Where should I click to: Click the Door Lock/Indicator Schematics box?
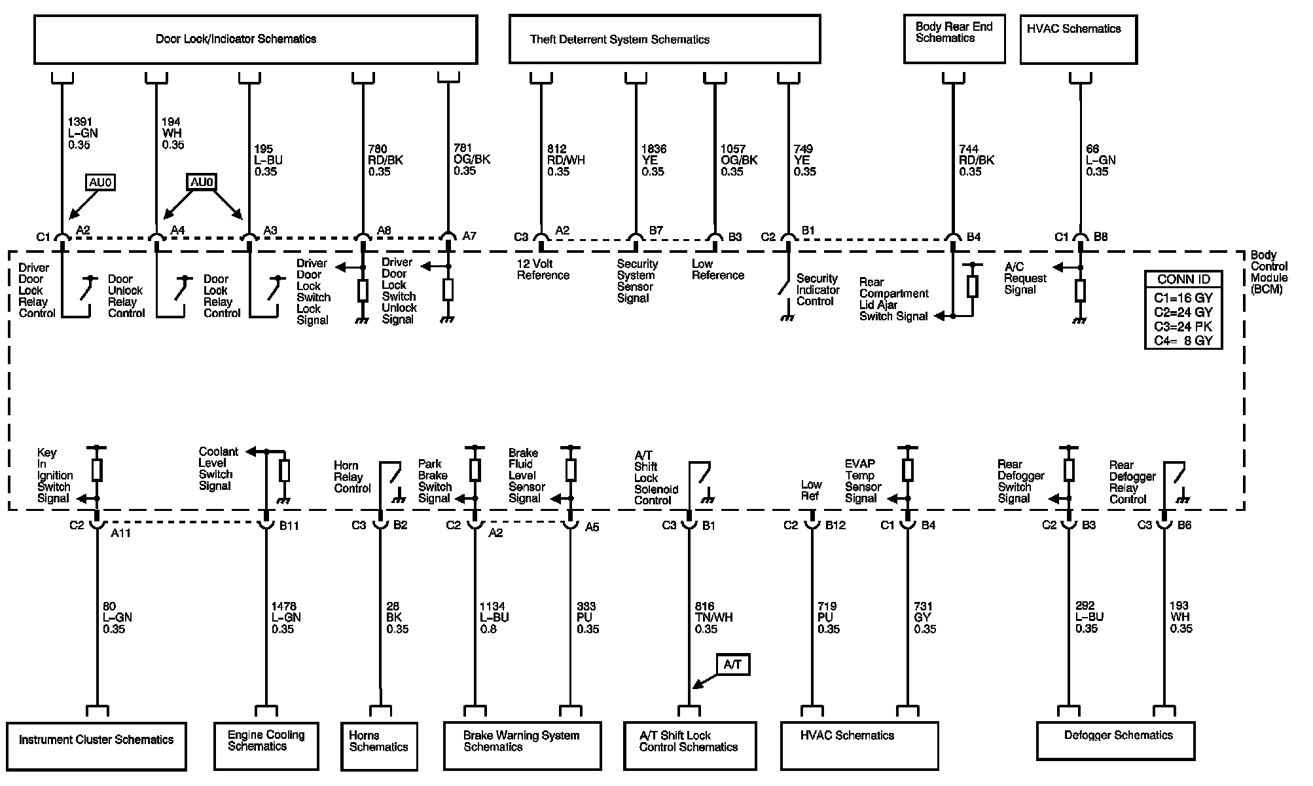[255, 39]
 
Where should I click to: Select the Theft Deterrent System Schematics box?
[664, 39]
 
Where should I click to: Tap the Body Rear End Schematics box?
[954, 39]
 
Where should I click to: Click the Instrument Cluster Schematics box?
[96, 745]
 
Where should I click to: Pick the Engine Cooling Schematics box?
[266, 745]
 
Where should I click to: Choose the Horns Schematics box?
[379, 745]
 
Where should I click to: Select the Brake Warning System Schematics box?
[522, 745]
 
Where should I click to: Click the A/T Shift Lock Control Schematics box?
[690, 745]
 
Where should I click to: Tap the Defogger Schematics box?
[1115, 740]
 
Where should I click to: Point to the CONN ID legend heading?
[1183, 279]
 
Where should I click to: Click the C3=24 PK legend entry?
[1183, 326]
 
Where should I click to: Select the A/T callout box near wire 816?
[733, 665]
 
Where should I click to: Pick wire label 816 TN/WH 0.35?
[713, 618]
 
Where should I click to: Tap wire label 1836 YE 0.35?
[654, 160]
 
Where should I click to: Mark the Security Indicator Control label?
[818, 290]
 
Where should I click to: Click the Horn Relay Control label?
[352, 477]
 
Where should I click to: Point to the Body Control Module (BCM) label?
[1268, 272]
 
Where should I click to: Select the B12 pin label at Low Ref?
[835, 525]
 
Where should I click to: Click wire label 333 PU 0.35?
[587, 618]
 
